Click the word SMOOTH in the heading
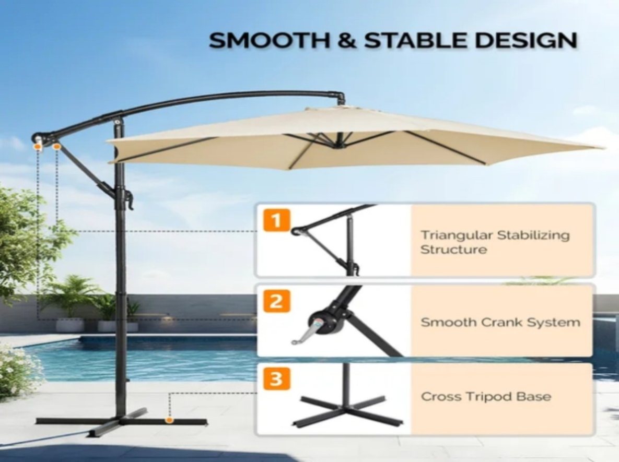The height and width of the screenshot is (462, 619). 269,40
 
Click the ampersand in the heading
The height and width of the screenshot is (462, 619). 347,40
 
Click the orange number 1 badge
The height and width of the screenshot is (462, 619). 276,220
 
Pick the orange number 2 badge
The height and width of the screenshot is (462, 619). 276,301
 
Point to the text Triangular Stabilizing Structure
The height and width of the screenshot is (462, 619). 495,242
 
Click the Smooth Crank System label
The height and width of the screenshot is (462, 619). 500,322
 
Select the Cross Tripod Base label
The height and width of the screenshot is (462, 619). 486,396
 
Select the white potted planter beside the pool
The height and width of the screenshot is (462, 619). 70,325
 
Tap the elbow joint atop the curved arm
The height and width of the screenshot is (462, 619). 340,96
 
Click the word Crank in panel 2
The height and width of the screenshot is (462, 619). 498,322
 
